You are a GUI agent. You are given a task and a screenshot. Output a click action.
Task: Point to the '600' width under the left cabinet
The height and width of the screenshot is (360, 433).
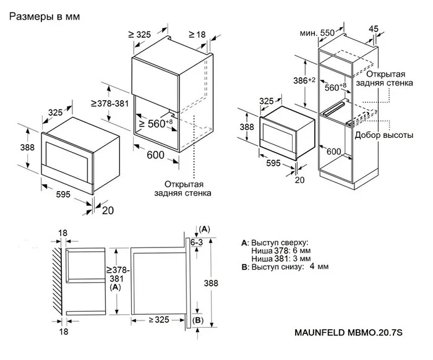[156, 156]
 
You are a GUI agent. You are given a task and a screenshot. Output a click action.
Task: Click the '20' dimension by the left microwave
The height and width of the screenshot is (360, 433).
[109, 210]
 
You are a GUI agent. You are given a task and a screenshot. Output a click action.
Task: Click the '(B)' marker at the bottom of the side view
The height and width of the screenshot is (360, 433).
[197, 320]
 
